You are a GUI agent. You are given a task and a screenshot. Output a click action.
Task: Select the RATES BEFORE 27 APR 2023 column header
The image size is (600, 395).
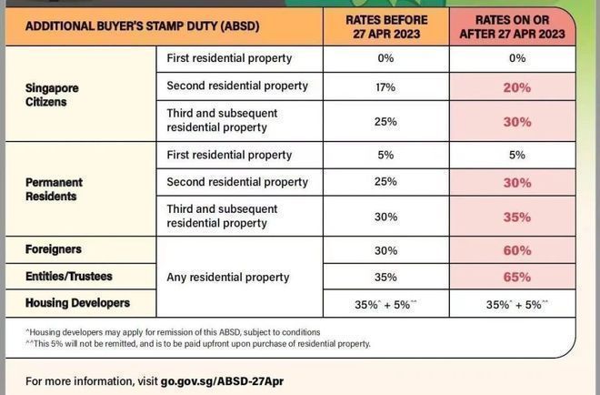(x=385, y=26)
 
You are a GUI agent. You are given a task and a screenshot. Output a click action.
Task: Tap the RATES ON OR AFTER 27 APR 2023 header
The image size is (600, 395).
(x=517, y=26)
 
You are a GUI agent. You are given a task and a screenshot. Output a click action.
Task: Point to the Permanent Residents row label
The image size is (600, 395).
(x=55, y=189)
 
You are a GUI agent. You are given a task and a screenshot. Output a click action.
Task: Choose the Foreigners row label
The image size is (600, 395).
(x=54, y=248)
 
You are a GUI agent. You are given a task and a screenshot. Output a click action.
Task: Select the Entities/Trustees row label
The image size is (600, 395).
(x=69, y=276)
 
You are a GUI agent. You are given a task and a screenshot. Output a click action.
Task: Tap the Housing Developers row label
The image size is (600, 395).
(x=77, y=303)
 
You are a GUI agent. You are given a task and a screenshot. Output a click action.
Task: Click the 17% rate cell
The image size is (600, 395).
(x=385, y=86)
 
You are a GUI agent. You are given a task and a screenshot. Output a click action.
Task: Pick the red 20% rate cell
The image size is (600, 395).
(x=517, y=86)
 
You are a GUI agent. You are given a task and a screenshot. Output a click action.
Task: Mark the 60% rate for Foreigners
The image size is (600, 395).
(x=517, y=249)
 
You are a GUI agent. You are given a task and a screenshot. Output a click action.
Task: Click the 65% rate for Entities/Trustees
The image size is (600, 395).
(x=517, y=277)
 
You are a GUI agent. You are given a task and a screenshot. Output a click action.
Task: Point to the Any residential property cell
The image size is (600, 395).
(x=228, y=277)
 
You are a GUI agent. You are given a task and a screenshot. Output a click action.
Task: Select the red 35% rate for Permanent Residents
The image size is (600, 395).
(x=517, y=217)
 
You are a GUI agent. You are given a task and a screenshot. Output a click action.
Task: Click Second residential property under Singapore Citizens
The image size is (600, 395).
(x=237, y=86)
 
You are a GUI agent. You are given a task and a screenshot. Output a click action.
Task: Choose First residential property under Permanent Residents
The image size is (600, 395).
(x=229, y=155)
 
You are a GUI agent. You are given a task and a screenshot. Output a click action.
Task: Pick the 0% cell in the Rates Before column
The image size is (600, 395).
(x=385, y=58)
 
